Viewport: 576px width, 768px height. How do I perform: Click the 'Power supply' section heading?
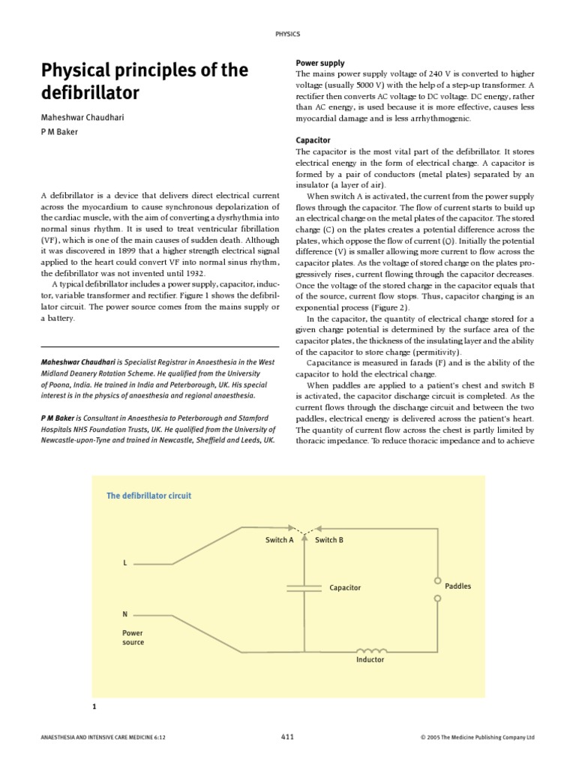tap(320, 63)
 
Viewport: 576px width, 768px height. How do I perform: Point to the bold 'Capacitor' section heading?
tap(313, 140)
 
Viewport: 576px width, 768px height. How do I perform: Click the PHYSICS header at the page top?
tap(288, 33)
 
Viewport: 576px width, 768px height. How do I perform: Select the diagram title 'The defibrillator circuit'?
tap(148, 496)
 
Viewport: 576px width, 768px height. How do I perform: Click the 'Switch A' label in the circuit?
tap(279, 539)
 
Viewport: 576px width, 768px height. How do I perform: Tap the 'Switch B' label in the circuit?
tap(329, 539)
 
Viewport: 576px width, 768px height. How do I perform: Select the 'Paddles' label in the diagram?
tap(458, 586)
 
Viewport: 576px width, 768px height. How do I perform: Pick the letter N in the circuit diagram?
tap(125, 613)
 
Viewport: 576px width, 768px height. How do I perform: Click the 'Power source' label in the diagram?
tap(133, 637)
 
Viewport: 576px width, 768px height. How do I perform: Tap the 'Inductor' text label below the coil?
tap(370, 660)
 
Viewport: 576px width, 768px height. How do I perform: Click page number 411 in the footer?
tap(288, 737)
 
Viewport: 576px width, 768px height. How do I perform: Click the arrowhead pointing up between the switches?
tap(304, 538)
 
